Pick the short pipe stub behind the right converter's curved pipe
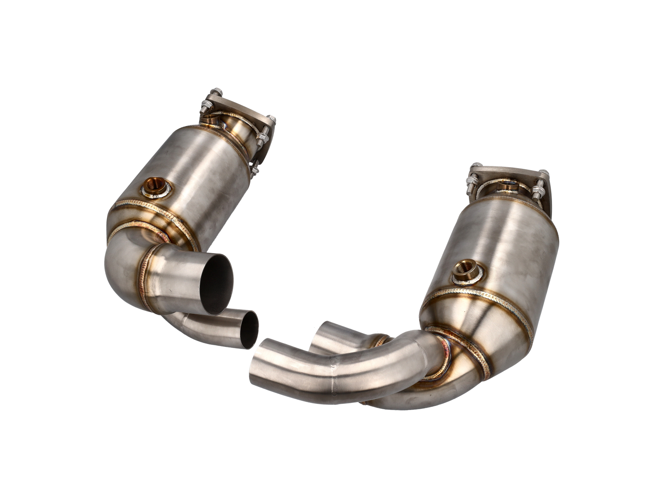[x=332, y=337]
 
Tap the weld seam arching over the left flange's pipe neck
[x=232, y=115]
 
